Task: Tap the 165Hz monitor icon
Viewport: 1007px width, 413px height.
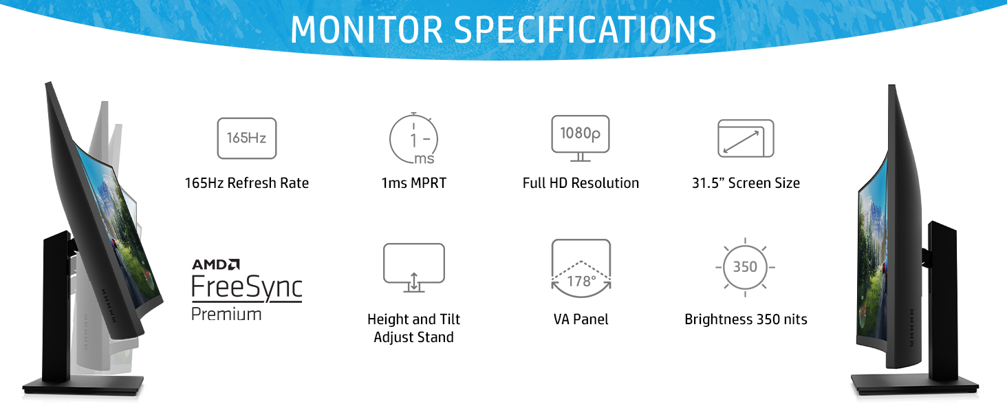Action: point(246,138)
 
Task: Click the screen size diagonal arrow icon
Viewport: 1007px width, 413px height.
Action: point(746,138)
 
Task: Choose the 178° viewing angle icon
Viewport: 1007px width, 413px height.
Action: point(581,269)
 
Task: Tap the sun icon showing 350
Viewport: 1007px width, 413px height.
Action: point(746,267)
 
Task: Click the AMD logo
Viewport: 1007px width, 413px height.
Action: point(216,264)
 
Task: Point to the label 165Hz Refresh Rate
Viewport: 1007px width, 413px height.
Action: point(246,183)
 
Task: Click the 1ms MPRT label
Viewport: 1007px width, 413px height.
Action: point(413,183)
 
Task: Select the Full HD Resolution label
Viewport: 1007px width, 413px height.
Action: point(581,183)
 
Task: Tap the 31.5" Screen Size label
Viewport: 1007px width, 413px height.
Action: point(746,183)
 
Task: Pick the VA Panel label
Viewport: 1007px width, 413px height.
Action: point(581,319)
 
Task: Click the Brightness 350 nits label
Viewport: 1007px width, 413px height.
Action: point(746,319)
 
